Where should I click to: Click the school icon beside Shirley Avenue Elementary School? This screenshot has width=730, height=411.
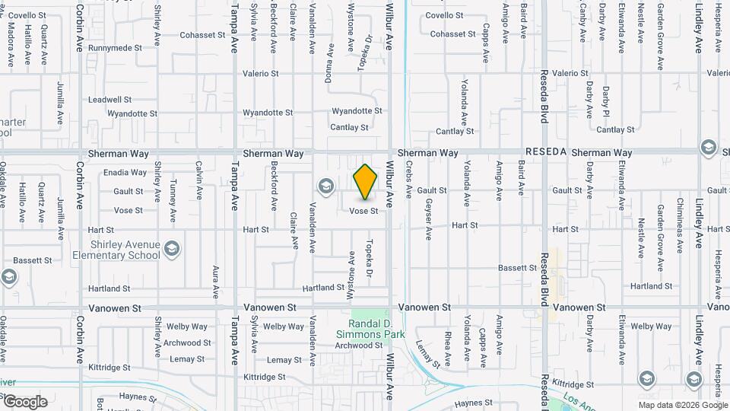click(173, 248)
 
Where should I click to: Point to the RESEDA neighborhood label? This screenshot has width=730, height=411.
click(545, 152)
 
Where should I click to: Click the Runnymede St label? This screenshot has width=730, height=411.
click(115, 48)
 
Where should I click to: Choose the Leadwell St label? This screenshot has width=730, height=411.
click(109, 100)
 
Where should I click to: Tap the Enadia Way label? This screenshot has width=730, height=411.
click(125, 173)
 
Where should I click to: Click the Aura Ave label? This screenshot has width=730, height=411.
click(217, 281)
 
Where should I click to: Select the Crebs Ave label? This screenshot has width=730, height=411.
click(409, 180)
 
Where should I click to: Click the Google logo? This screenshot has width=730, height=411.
click(24, 402)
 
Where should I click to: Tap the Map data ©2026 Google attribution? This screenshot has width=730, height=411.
click(682, 406)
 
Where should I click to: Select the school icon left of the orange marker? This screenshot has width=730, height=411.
click(326, 186)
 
